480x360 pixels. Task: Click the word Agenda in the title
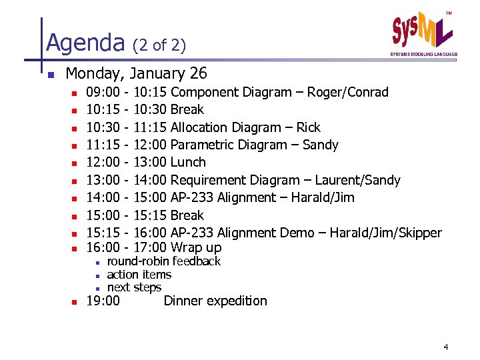click(85, 43)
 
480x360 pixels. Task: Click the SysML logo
click(423, 33)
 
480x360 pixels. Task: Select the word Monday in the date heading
click(97, 73)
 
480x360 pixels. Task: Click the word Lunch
click(188, 162)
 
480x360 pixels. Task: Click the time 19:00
click(104, 301)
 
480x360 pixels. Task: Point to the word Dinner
click(183, 301)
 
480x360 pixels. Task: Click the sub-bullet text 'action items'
click(139, 275)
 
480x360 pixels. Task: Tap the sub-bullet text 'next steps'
click(134, 287)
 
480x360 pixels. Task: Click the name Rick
click(309, 127)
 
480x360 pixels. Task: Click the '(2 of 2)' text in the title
click(159, 45)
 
